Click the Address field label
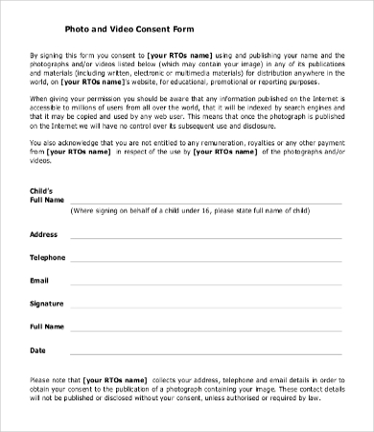44,234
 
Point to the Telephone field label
48,257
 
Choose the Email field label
39,280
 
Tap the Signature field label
48,303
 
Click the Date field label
38,349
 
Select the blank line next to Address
205,238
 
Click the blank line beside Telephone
205,261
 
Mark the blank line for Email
205,284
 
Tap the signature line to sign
205,307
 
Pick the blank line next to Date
205,353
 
